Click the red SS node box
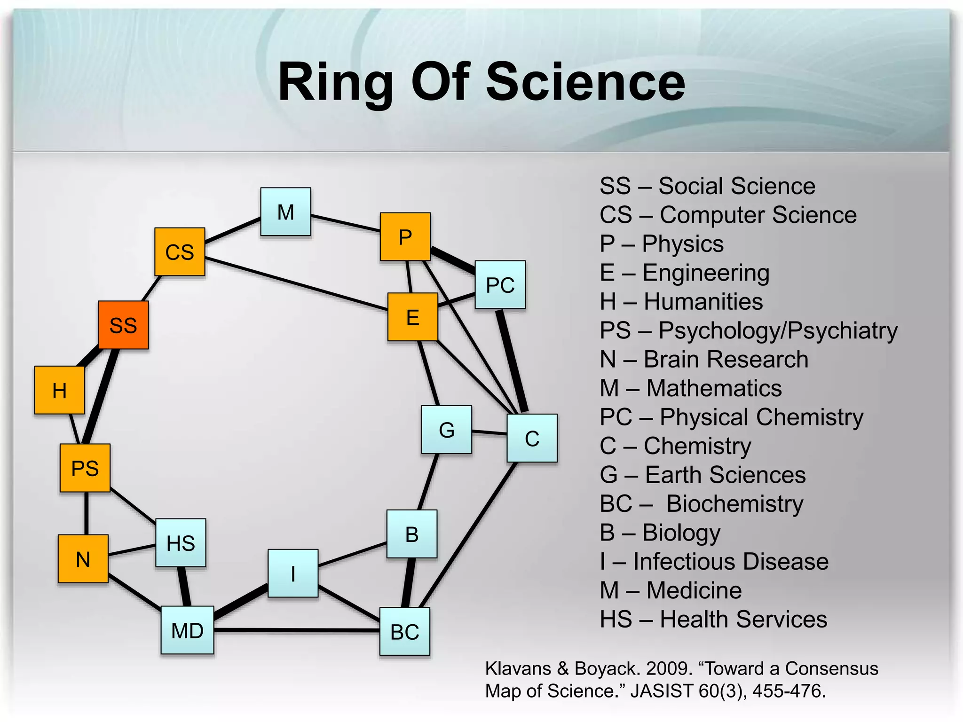click(x=123, y=325)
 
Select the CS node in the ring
click(x=180, y=252)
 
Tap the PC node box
click(x=500, y=285)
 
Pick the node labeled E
click(x=412, y=317)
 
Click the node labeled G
click(x=446, y=430)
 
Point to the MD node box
click(x=187, y=630)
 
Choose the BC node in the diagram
click(x=404, y=632)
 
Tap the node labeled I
click(x=293, y=573)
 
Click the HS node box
click(x=181, y=543)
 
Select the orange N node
click(x=83, y=559)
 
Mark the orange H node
click(x=60, y=391)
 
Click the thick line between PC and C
click(x=512, y=361)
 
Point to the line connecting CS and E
click(x=296, y=283)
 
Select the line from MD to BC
click(x=296, y=630)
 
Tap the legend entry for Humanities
click(x=681, y=302)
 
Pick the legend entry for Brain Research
click(x=703, y=360)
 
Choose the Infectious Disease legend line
click(x=714, y=562)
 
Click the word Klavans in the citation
click(x=518, y=668)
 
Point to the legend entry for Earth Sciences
click(x=703, y=475)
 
